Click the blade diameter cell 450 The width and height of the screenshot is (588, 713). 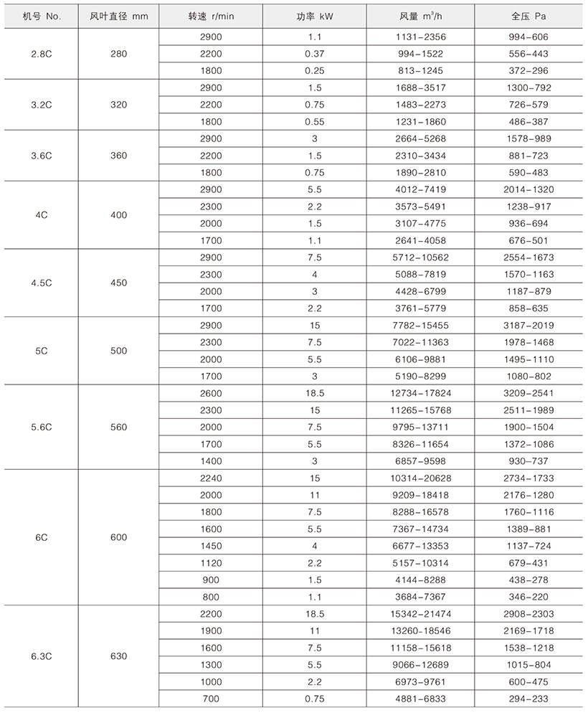(118, 283)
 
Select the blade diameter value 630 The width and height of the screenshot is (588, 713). (118, 656)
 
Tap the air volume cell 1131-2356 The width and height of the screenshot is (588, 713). (422, 37)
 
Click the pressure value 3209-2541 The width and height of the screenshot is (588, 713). (534, 394)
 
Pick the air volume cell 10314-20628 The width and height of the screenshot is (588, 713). (422, 478)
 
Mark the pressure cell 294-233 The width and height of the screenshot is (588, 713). (534, 699)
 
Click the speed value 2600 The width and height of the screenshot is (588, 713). (213, 394)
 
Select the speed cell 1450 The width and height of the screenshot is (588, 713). (213, 547)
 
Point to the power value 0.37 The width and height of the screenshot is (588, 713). (315, 53)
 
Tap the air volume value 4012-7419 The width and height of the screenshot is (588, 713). (422, 189)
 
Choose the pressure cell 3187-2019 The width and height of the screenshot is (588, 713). (534, 326)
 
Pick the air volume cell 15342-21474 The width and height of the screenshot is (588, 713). (422, 615)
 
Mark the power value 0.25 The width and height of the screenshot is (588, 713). (315, 70)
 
